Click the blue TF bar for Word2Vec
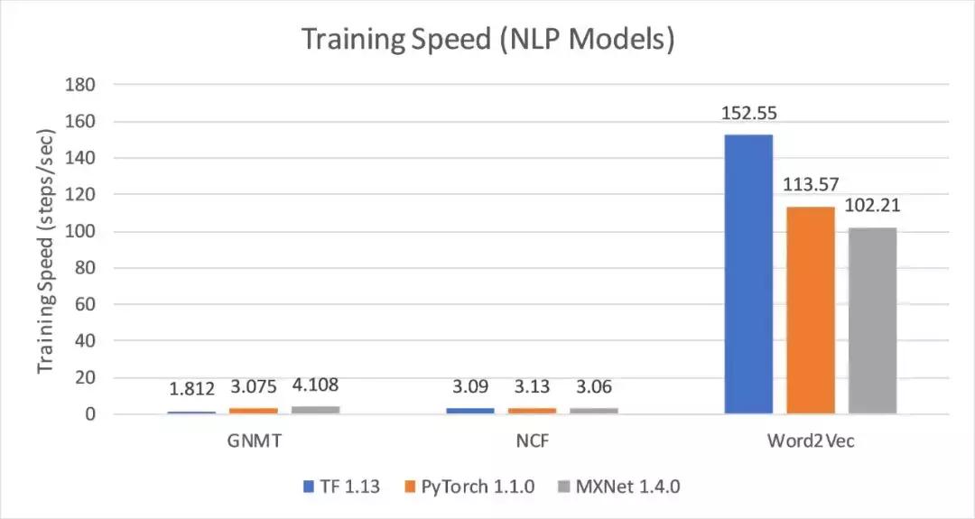(748, 274)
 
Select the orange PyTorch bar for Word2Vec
(811, 310)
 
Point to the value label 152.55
(748, 114)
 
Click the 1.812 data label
(192, 389)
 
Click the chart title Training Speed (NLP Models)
(487, 40)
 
